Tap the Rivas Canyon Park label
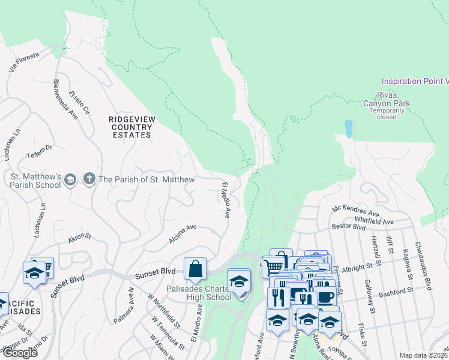pos(393,103)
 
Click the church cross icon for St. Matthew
pos(89,179)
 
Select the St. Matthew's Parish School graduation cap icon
pos(70,179)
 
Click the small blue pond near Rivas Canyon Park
pos(349,128)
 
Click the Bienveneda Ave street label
pos(66,98)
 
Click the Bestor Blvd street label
pos(349,227)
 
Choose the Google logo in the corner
pos(20,352)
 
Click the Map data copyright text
pos(423,355)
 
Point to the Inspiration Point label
pos(415,81)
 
